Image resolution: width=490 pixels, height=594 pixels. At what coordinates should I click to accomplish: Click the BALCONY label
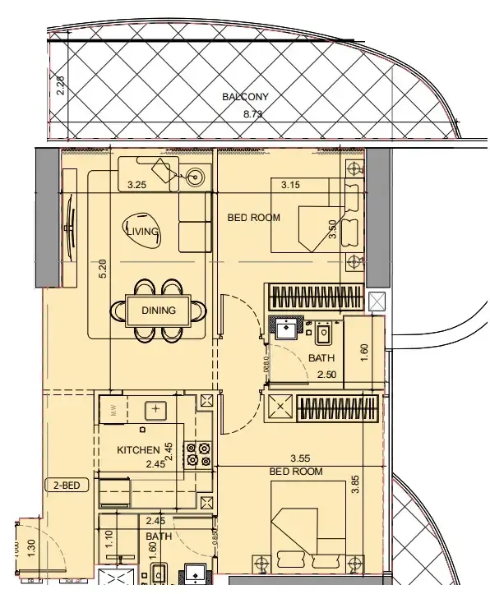coord(245,97)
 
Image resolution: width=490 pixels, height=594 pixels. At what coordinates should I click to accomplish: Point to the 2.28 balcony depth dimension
coord(60,86)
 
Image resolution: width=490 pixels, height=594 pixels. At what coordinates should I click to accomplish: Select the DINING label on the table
coord(159,311)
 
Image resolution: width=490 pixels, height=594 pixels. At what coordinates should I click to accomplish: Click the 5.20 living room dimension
coord(103,269)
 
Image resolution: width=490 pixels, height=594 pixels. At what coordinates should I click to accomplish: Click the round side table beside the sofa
coord(196,175)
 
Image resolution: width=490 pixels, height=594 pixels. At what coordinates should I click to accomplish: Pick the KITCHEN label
coord(138,450)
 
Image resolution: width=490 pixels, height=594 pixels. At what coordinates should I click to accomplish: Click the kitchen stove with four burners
coord(199,454)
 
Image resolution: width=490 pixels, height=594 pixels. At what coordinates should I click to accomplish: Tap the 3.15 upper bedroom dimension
coord(289,186)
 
